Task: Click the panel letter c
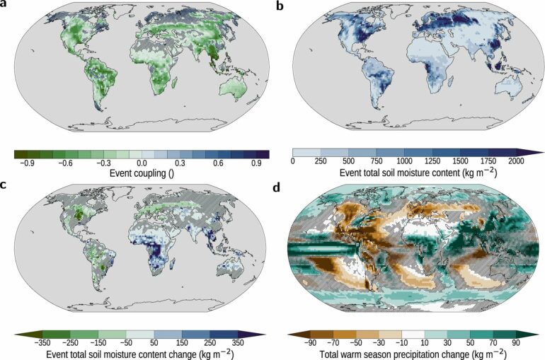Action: pos(5,185)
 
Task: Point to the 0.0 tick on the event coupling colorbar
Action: pos(142,162)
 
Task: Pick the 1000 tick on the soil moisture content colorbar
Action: pos(404,162)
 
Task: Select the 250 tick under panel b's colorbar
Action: pos(321,162)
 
